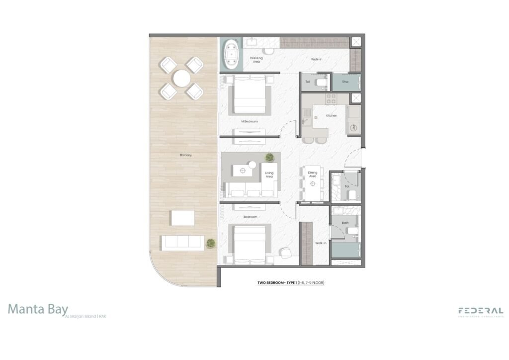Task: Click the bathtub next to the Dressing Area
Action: pos(231,55)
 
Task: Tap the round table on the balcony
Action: pos(182,78)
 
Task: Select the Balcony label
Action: pos(186,156)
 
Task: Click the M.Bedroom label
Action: pos(250,121)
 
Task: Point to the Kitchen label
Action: pos(332,115)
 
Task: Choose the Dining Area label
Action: pos(313,174)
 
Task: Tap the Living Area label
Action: pos(269,175)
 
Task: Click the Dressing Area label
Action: pos(256,60)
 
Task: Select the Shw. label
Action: pos(345,81)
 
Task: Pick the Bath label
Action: pos(345,223)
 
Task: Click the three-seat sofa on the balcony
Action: pos(181,242)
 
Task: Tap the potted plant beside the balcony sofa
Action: pos(211,243)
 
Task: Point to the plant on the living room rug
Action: pos(269,158)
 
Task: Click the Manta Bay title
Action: pos(38,309)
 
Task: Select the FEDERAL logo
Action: pos(480,311)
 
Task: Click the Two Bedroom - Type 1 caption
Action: pos(291,283)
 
